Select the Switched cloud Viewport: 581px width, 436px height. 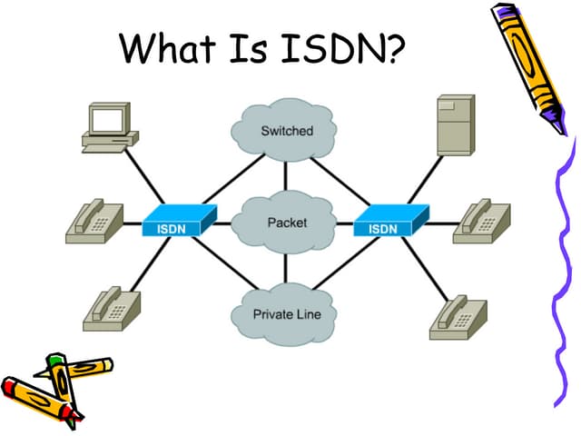coord(286,132)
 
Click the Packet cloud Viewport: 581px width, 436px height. coord(287,223)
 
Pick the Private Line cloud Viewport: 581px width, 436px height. coord(286,314)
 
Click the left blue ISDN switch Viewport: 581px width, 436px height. coord(177,223)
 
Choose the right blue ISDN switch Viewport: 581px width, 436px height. coord(388,223)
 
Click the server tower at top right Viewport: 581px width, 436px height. coord(454,125)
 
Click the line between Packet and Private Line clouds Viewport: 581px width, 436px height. coord(286,269)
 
